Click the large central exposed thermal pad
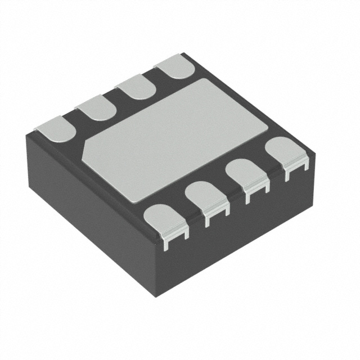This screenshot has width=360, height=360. pyautogui.click(x=169, y=138)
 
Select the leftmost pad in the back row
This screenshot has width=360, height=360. pyautogui.click(x=57, y=128)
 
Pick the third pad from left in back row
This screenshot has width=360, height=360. pyautogui.click(x=137, y=86)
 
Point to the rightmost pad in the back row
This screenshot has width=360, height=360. pyautogui.click(x=175, y=65)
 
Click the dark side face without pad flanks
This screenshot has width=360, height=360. pyautogui.click(x=84, y=208)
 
